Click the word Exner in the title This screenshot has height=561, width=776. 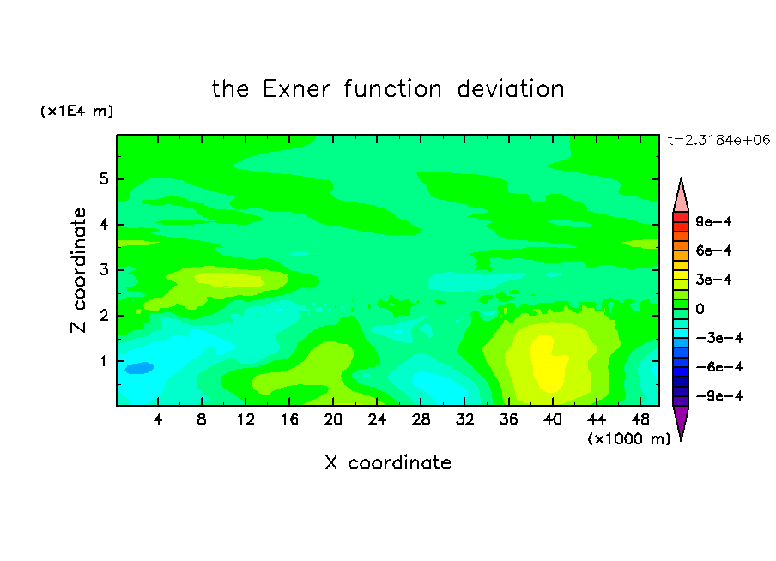coord(296,89)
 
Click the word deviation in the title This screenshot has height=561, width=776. coord(511,89)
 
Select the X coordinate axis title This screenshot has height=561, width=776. coord(388,462)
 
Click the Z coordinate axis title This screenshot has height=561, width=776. coord(79,270)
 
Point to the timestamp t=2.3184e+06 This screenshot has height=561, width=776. coord(718,141)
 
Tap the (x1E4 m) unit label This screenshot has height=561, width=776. coord(76,111)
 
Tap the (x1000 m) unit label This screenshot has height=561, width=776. coord(628,439)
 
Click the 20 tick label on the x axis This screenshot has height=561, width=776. coord(333,419)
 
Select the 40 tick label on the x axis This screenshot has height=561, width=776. coord(552,419)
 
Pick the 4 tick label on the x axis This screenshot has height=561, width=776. coord(158,419)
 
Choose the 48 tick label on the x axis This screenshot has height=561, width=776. coord(640,419)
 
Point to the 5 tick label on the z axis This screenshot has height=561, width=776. coord(103,178)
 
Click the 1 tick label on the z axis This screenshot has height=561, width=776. coord(103,361)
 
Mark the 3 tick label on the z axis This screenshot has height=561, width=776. coord(103,270)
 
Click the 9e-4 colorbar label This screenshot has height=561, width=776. coord(713,221)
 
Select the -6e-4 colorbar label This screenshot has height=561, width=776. coord(718,367)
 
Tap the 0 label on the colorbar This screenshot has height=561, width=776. coord(700,309)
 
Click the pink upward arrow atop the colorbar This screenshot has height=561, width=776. coord(681,196)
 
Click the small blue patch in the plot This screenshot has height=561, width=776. coord(139,368)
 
